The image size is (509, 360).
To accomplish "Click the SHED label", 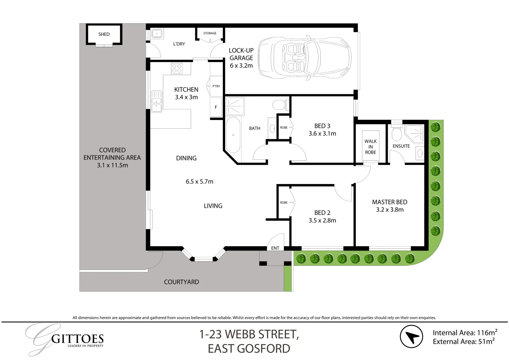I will (x=104, y=34).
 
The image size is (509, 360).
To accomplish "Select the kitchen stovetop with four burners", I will (x=177, y=69).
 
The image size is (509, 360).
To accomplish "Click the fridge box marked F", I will (x=216, y=107).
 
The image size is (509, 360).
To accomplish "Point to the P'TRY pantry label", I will (x=216, y=86).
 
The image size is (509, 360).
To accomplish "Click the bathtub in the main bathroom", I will (x=233, y=135).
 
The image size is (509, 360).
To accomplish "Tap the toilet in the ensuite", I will (x=396, y=133).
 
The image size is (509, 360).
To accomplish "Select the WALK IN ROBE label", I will (x=370, y=147).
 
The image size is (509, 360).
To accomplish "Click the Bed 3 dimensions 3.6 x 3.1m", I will (x=322, y=134).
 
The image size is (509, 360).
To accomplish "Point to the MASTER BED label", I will (x=389, y=202).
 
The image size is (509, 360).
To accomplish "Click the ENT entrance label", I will (x=275, y=248).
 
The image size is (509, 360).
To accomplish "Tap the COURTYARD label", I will (x=182, y=282).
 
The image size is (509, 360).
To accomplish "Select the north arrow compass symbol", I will (x=411, y=337).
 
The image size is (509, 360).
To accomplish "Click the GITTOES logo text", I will (x=78, y=339).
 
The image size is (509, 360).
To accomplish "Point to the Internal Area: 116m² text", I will (x=465, y=332).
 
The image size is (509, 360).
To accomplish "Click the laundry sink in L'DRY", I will (x=157, y=34).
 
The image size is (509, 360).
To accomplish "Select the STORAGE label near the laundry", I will (x=210, y=33).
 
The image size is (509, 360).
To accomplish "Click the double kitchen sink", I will (x=157, y=101).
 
